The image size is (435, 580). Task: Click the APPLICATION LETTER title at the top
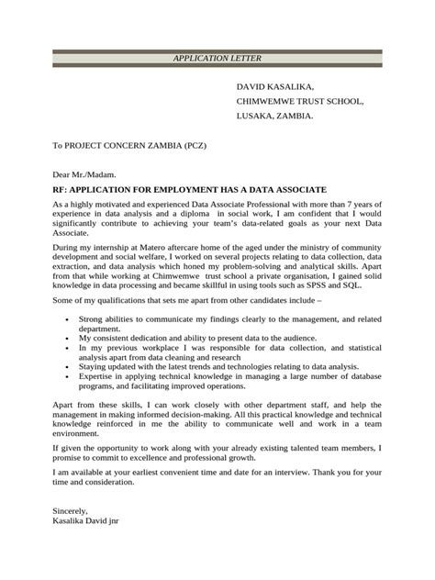(x=217, y=59)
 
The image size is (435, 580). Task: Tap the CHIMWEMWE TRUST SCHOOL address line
(x=300, y=101)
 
